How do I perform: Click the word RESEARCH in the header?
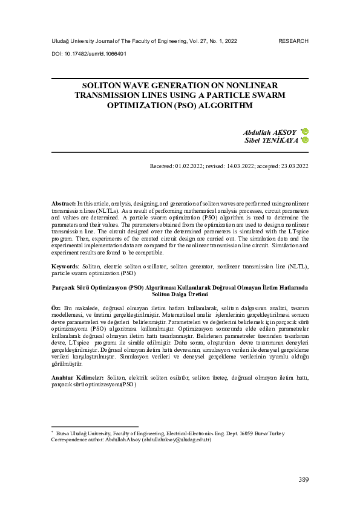click(x=293, y=41)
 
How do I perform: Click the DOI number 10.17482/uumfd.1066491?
click(x=93, y=53)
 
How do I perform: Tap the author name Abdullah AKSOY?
click(x=270, y=131)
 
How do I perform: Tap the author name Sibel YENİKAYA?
click(x=271, y=140)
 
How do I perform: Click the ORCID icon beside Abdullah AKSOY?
click(x=306, y=131)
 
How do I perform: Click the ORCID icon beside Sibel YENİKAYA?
click(x=306, y=140)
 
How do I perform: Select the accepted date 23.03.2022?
click(x=292, y=165)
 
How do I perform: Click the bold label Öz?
click(x=56, y=308)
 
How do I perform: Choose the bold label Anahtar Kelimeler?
click(x=77, y=377)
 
